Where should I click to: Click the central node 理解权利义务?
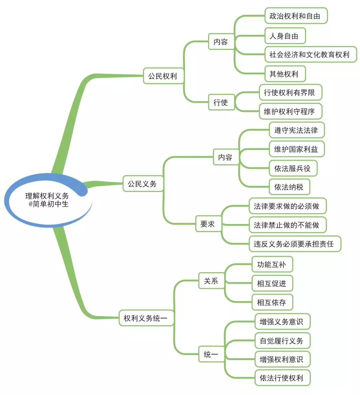click(47, 196)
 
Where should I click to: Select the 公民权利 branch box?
click(163, 76)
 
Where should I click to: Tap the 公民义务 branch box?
click(142, 184)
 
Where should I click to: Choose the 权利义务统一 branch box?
click(146, 318)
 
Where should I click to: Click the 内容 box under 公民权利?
click(221, 42)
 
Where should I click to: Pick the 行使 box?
click(221, 102)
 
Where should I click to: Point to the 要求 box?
click(207, 224)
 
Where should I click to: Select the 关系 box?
click(211, 281)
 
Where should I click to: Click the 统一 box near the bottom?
click(211, 354)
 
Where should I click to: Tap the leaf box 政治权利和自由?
click(295, 16)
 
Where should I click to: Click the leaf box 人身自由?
click(284, 36)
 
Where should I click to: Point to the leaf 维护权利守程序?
click(289, 112)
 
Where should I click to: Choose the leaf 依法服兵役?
click(292, 169)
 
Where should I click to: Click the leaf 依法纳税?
click(289, 187)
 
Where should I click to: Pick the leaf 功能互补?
click(272, 265)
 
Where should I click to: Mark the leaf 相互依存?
click(272, 302)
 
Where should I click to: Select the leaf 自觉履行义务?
click(282, 341)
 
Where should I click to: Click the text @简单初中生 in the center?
click(49, 204)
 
